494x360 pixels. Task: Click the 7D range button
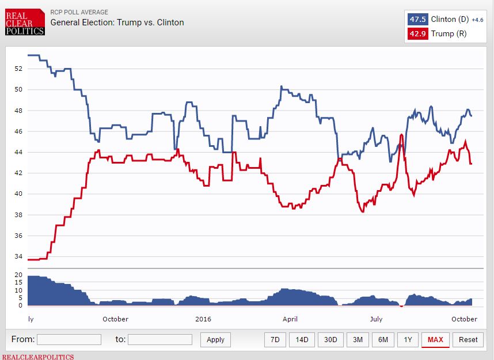pyautogui.click(x=275, y=340)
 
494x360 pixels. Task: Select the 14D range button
pyautogui.click(x=302, y=340)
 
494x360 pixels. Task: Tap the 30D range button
pyautogui.click(x=330, y=340)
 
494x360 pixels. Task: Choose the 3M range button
pyautogui.click(x=358, y=340)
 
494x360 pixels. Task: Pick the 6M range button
pyautogui.click(x=383, y=340)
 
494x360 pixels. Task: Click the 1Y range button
pyautogui.click(x=408, y=340)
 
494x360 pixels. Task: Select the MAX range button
pyautogui.click(x=435, y=340)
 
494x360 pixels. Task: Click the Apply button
pyautogui.click(x=215, y=340)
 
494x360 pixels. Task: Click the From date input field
pyautogui.click(x=69, y=340)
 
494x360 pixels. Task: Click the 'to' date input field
pyautogui.click(x=160, y=340)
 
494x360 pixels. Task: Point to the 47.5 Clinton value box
pyautogui.click(x=417, y=20)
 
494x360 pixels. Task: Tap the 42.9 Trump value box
pyautogui.click(x=417, y=34)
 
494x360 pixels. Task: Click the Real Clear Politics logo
pyautogui.click(x=24, y=22)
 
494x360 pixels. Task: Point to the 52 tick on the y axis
pyautogui.click(x=18, y=69)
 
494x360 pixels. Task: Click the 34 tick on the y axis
pyautogui.click(x=18, y=257)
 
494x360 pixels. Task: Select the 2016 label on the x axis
pyautogui.click(x=203, y=319)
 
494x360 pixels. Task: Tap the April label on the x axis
pyautogui.click(x=290, y=319)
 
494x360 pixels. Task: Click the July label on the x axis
pyautogui.click(x=376, y=319)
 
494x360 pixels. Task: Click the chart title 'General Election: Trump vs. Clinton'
pyautogui.click(x=117, y=22)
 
